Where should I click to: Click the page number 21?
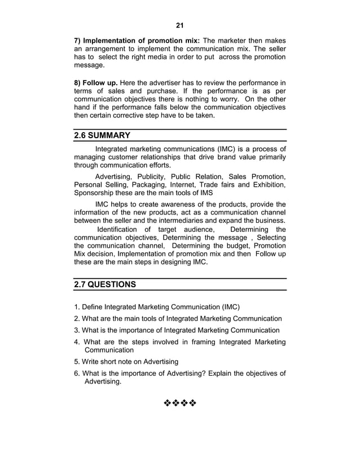click(180, 25)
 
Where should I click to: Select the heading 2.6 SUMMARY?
click(102, 136)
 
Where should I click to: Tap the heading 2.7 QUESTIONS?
click(105, 285)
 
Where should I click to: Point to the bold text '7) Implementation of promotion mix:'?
click(137, 41)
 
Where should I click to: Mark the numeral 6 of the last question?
click(76, 373)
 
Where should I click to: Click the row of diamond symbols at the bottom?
click(179, 404)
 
